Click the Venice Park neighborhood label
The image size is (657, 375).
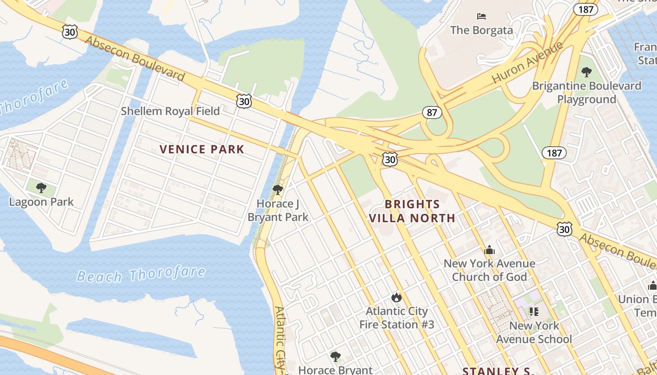pos(202,150)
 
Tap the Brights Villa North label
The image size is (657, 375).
pos(412,211)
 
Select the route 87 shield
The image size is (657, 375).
pos(432,112)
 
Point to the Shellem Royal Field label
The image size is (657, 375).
pos(170,111)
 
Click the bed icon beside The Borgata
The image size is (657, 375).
pos(481,16)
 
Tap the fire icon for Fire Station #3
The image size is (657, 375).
pos(397,297)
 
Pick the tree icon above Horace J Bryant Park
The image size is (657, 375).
pos(278,190)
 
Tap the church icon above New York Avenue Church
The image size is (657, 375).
pos(489,250)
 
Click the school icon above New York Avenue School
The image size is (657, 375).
pos(534,311)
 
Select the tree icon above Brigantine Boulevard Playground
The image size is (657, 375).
pos(586,72)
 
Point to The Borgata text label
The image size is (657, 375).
pos(481,30)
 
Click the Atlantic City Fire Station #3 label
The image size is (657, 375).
pos(397,318)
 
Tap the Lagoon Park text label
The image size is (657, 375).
pos(41,202)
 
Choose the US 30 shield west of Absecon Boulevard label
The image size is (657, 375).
pos(69,32)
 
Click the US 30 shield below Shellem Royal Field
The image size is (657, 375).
pos(244,101)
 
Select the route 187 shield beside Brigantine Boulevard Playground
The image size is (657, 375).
pos(554,153)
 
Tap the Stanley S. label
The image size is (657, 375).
pos(498,371)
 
